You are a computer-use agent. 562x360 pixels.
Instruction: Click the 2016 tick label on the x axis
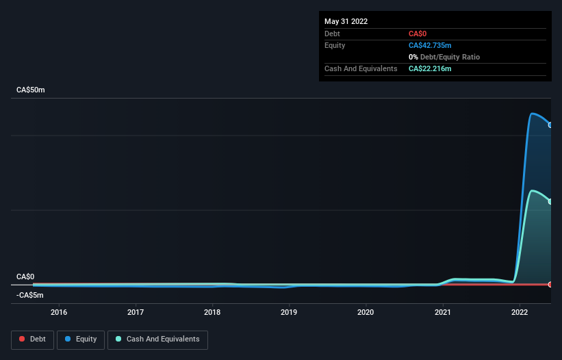coord(59,313)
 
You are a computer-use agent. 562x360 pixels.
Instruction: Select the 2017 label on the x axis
coord(136,313)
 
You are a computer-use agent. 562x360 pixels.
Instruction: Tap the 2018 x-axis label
coord(212,313)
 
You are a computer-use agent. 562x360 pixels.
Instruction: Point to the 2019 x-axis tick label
coord(289,313)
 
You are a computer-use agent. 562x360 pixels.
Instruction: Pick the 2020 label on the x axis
coord(366,313)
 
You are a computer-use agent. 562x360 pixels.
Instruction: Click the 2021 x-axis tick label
coord(443,313)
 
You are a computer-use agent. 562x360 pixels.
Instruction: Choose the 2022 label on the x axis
coord(520,313)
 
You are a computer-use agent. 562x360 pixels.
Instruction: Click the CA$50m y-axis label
coord(31,90)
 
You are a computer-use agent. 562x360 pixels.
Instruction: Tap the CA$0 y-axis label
coord(25,277)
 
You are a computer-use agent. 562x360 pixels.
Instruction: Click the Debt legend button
coord(32,339)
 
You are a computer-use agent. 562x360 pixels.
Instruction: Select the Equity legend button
coord(81,339)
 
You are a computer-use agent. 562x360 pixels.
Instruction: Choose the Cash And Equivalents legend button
coord(157,339)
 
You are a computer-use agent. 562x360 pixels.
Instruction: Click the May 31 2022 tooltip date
coord(346,21)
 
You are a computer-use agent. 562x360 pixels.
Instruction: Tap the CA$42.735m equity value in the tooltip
coord(430,45)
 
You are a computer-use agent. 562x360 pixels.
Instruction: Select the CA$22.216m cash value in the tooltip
coord(430,68)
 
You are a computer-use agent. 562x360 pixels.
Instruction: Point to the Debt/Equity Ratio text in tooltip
coord(448,57)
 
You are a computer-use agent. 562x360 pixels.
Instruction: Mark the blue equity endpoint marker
coord(550,125)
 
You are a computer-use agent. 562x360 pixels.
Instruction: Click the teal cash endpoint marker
coord(550,201)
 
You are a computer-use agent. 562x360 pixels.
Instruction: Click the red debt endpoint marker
coord(550,284)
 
